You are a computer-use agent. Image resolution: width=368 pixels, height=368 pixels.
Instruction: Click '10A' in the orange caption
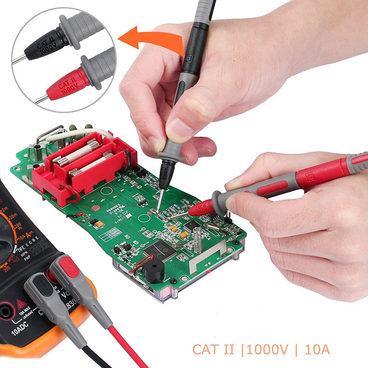pyautogui.click(x=317, y=349)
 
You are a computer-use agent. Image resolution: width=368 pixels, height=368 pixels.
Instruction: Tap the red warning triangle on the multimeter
pyautogui.click(x=21, y=304)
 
